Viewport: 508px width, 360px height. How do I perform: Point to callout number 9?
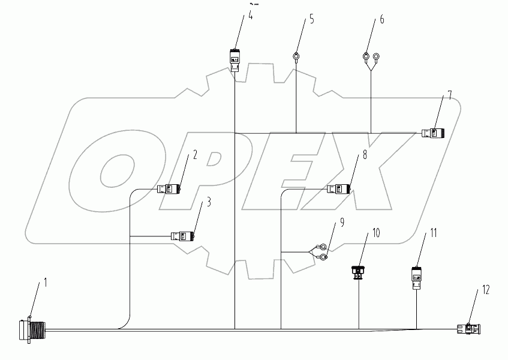[x=342, y=222]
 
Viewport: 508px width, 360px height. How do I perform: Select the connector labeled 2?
[x=170, y=190]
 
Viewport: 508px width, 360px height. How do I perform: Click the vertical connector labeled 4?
[x=235, y=61]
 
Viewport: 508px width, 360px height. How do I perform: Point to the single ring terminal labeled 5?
[x=296, y=58]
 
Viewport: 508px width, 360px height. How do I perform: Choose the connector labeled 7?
[x=434, y=133]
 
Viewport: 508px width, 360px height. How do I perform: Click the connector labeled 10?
[x=358, y=272]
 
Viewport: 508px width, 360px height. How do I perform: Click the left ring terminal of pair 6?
[x=365, y=58]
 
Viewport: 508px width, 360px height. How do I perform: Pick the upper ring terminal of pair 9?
[x=323, y=247]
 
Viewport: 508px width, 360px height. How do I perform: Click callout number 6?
[x=382, y=20]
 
